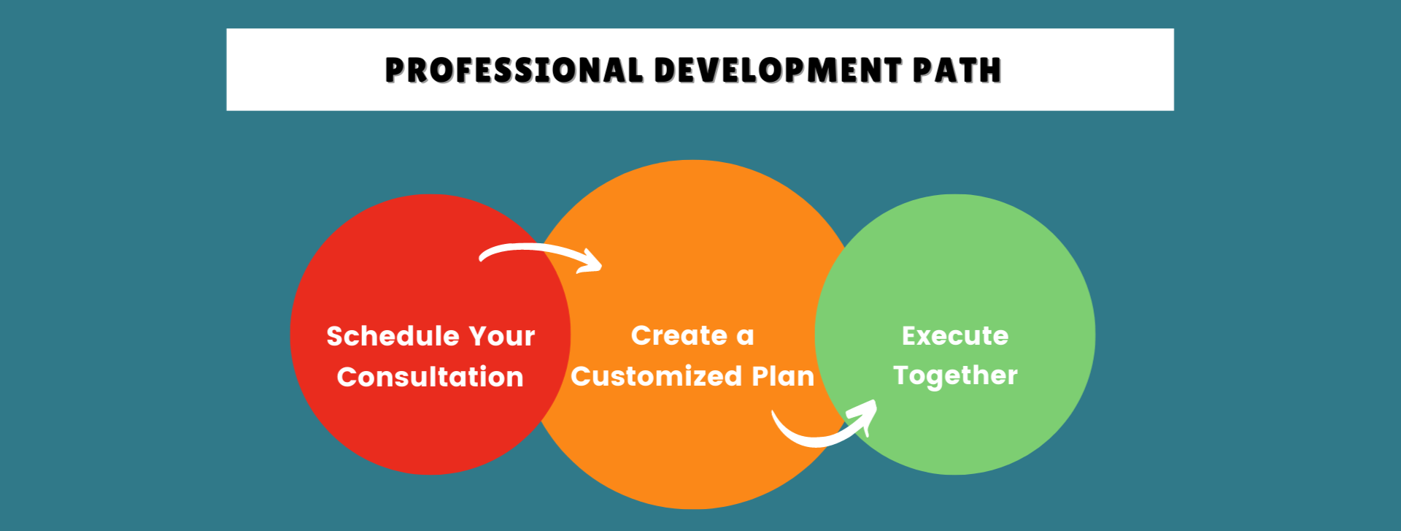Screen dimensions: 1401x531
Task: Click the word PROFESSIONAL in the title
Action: [514, 70]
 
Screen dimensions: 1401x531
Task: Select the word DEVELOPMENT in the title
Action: [778, 70]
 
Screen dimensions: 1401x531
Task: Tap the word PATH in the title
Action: [957, 70]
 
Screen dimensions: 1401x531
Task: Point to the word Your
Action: [502, 336]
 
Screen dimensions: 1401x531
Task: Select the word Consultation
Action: [431, 377]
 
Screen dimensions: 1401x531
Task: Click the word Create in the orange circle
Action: [679, 335]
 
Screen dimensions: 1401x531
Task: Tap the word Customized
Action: [657, 376]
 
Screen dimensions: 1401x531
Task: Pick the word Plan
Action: [783, 376]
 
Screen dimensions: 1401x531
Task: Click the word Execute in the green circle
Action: [955, 335]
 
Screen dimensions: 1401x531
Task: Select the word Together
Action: [955, 375]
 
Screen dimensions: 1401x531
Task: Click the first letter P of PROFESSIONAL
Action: [395, 70]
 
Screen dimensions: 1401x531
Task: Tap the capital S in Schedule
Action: [335, 336]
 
